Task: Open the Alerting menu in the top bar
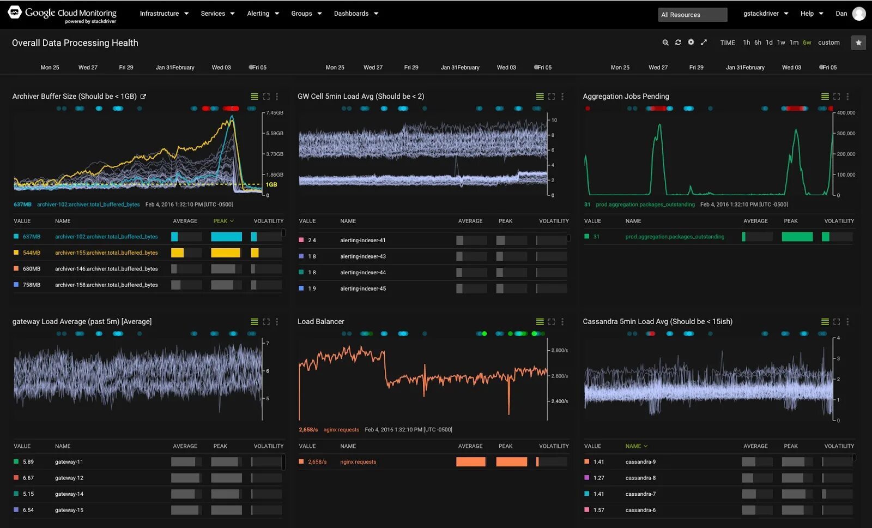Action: [x=262, y=14]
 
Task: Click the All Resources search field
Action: [x=692, y=15]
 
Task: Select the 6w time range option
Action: [x=807, y=43]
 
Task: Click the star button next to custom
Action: [x=858, y=43]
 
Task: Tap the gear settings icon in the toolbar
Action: [x=691, y=43]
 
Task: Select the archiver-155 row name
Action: [x=106, y=253]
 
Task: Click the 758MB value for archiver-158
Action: [x=32, y=285]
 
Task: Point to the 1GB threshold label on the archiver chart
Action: [x=271, y=184]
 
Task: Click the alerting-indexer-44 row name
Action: [x=363, y=272]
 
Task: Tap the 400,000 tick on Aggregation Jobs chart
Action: [x=846, y=113]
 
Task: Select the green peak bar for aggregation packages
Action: [x=797, y=237]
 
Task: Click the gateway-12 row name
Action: [x=69, y=478]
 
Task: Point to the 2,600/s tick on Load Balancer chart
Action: [x=559, y=376]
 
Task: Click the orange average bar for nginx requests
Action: [x=470, y=462]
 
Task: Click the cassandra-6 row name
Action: [x=640, y=510]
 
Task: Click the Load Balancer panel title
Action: [x=320, y=322]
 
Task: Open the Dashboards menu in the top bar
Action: [x=355, y=14]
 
